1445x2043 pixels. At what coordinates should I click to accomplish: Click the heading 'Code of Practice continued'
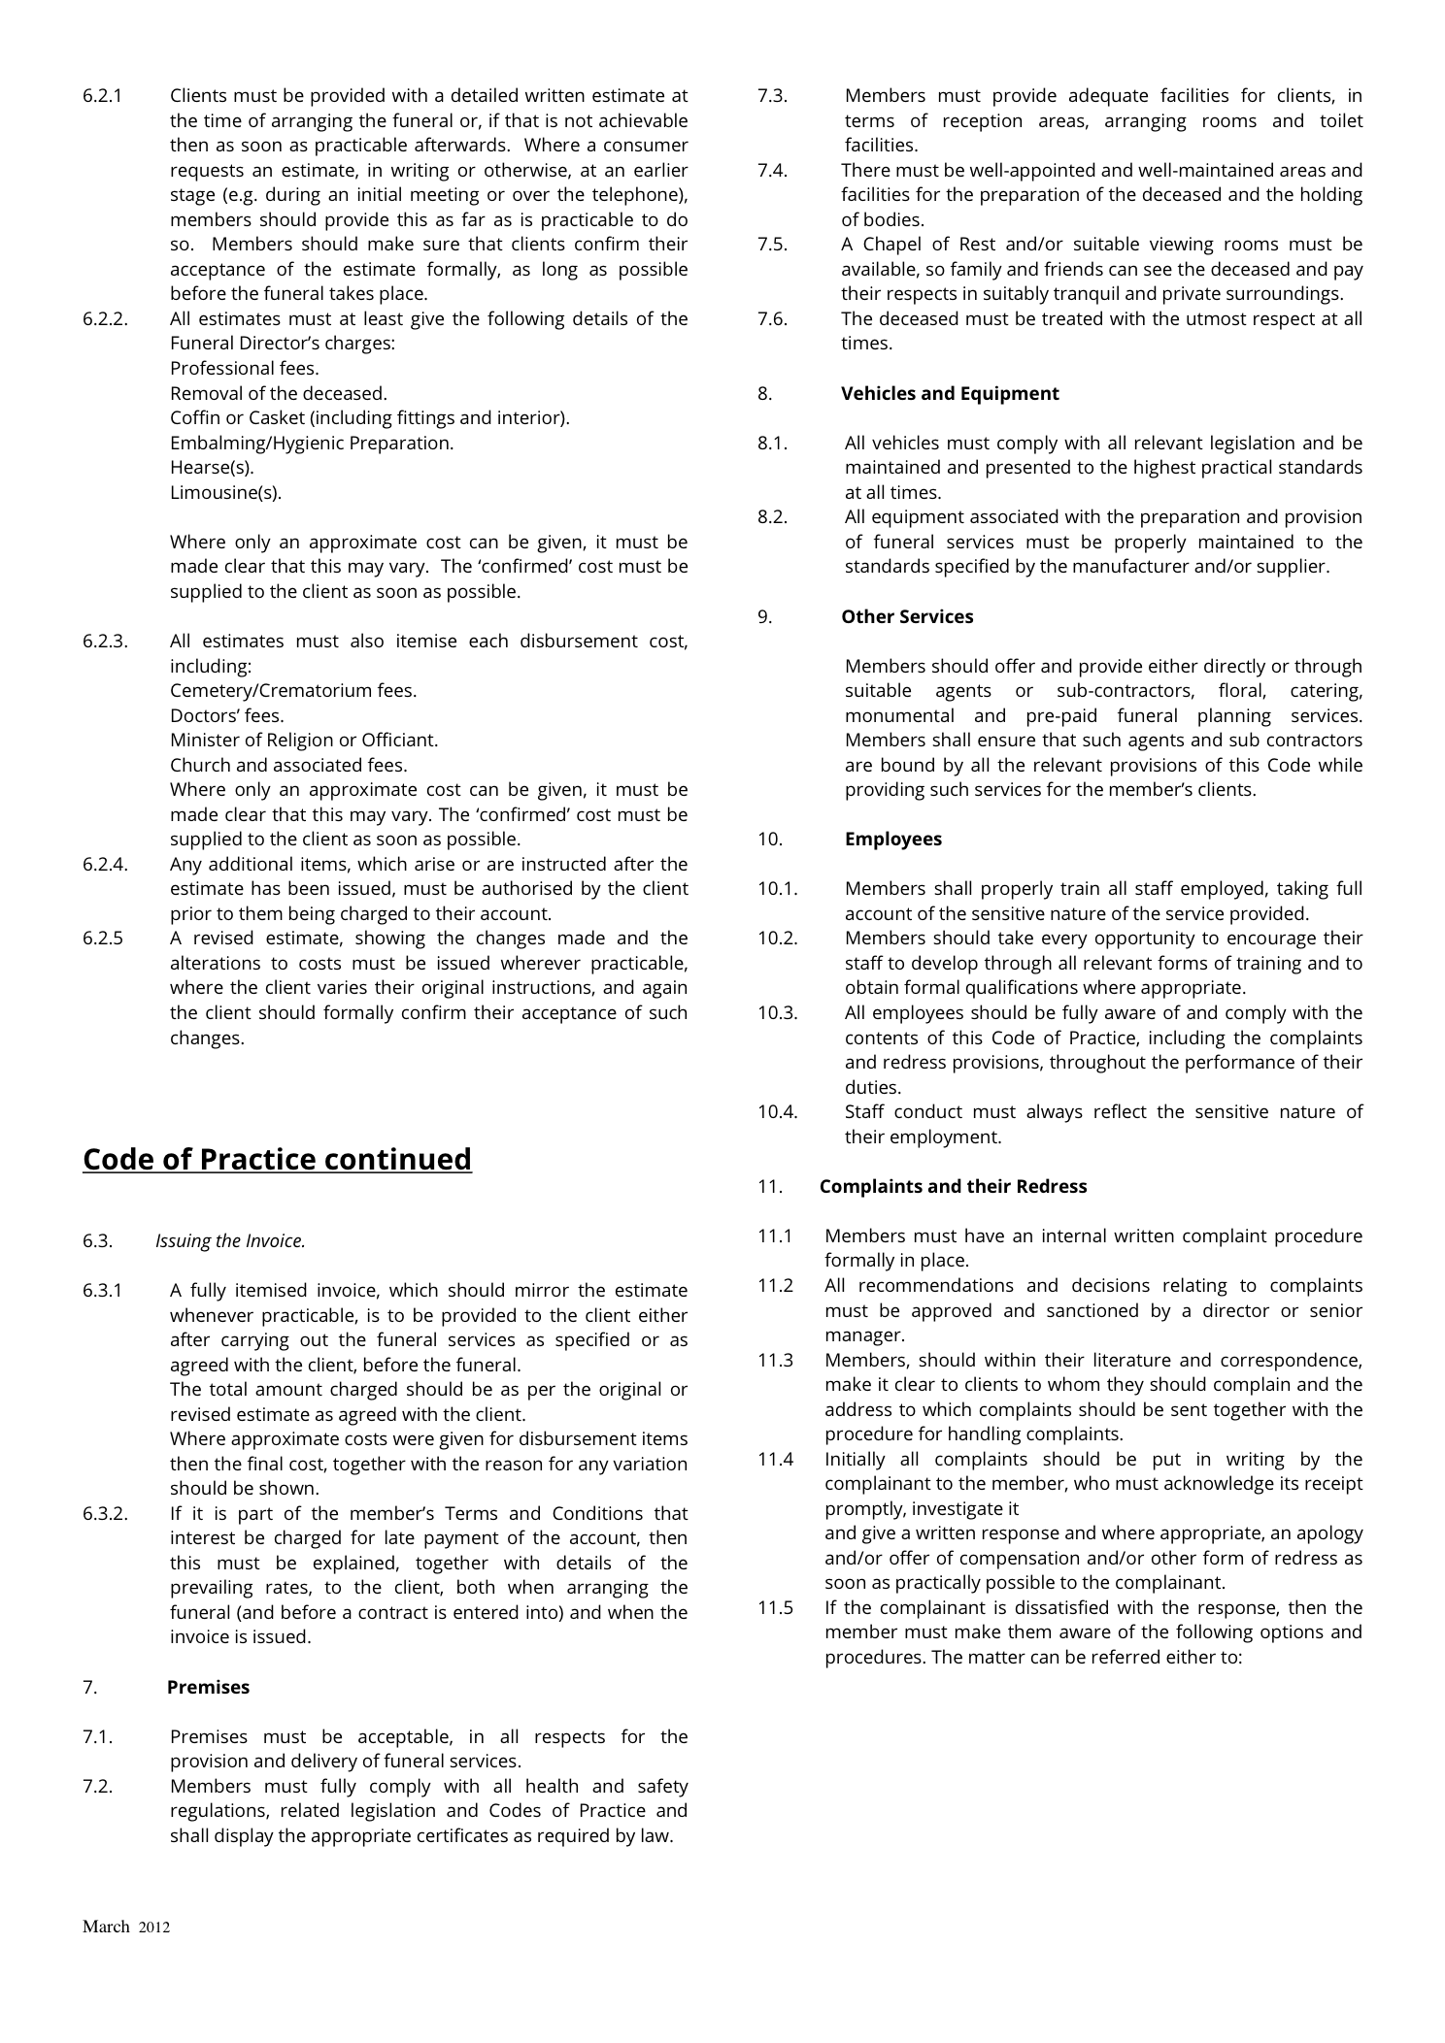click(x=277, y=1160)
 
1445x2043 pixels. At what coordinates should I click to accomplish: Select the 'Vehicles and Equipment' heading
click(x=949, y=393)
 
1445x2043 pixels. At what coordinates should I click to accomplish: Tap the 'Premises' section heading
click(x=208, y=1687)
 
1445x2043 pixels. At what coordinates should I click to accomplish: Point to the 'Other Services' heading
click(x=906, y=616)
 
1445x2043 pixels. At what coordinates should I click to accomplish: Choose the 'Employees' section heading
click(x=892, y=839)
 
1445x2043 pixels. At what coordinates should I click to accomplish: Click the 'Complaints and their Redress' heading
click(x=953, y=1186)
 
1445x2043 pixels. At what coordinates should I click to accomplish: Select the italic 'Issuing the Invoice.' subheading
click(x=230, y=1240)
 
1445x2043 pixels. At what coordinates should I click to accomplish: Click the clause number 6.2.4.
click(x=105, y=864)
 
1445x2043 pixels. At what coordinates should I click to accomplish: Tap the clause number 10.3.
click(x=777, y=1012)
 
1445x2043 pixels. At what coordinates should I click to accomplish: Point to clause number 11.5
click(x=775, y=1607)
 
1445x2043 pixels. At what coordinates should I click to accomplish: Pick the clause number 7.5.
click(x=772, y=244)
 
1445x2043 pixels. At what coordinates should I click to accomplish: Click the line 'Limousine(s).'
click(x=225, y=492)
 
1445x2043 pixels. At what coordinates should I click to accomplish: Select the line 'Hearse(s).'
click(x=212, y=467)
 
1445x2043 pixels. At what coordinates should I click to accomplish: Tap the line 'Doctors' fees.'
click(x=227, y=715)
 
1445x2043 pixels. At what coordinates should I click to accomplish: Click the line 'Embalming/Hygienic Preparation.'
click(x=312, y=443)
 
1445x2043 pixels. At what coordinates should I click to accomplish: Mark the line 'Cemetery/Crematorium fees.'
click(x=293, y=690)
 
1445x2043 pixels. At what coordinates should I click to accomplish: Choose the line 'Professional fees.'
click(x=244, y=368)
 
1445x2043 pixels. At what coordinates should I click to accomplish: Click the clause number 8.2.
click(x=772, y=516)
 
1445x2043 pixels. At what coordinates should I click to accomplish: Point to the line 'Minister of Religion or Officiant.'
click(x=304, y=740)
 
